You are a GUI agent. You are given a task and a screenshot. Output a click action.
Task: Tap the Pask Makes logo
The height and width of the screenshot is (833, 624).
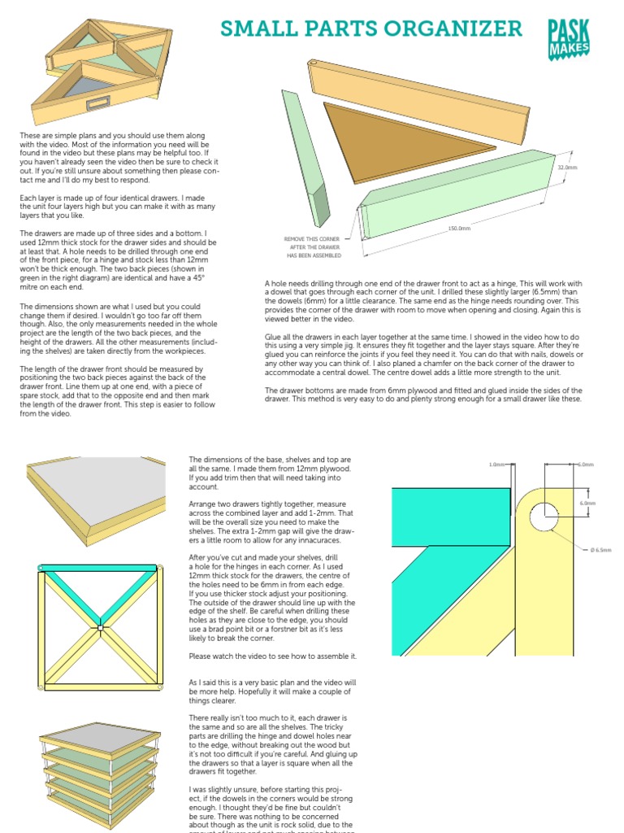568,38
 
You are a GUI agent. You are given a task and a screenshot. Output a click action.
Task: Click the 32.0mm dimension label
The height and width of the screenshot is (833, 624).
566,168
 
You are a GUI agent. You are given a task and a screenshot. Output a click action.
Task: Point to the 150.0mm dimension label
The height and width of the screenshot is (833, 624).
459,229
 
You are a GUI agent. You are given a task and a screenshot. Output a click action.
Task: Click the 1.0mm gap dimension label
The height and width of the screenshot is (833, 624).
497,464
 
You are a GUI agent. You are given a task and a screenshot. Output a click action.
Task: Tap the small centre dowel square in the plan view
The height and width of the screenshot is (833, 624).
98,627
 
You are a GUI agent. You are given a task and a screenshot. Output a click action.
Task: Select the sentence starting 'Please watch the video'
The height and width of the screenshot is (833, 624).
272,656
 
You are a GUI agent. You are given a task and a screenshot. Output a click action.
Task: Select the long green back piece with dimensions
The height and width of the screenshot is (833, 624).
455,187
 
